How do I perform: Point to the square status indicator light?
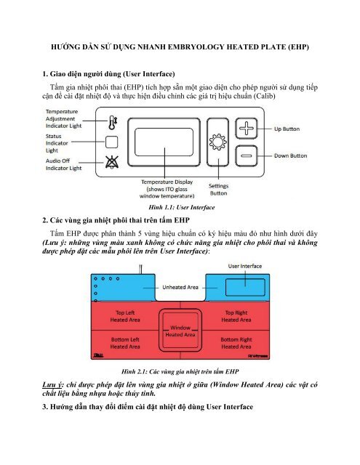[111, 142]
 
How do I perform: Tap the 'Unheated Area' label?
[180, 286]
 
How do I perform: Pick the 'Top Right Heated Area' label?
[236, 316]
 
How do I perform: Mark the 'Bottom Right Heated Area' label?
[236, 344]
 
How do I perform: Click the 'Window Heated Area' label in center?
[180, 331]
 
